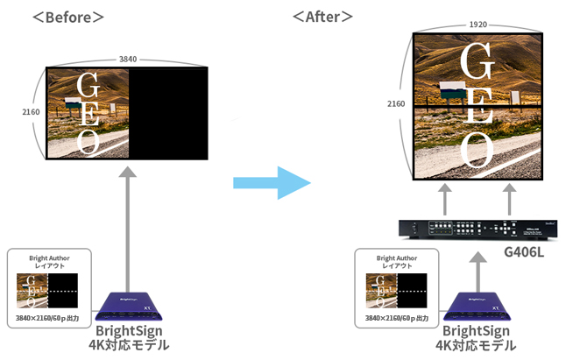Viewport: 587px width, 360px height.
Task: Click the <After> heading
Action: click(x=323, y=17)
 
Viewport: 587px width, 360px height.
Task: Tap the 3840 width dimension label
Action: click(x=129, y=60)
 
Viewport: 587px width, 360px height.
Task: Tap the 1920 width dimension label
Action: click(x=477, y=25)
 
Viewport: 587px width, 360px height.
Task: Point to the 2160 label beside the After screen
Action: click(x=396, y=103)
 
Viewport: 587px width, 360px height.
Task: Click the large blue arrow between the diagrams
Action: click(x=272, y=183)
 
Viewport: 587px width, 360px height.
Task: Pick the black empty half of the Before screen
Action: click(x=169, y=114)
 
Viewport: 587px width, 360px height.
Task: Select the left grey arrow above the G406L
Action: click(x=444, y=199)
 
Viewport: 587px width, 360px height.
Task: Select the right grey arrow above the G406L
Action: click(x=510, y=199)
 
